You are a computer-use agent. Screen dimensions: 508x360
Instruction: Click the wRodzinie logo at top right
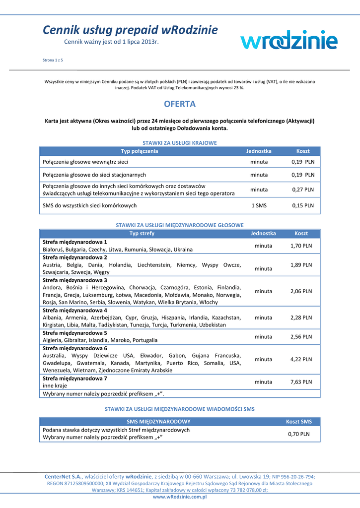coord(289,39)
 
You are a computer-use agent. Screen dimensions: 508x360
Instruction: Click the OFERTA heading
coord(180,104)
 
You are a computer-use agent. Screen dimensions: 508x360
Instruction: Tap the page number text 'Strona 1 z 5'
coord(53,60)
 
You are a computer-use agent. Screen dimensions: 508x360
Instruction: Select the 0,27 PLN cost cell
coord(302,190)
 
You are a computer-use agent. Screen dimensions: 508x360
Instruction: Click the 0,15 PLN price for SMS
coord(302,205)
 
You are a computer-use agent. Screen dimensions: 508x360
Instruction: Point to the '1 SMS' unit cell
coord(259,205)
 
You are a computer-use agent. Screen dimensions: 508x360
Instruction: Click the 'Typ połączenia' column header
coord(140,151)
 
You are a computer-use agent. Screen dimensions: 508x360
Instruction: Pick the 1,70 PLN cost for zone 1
coord(301,246)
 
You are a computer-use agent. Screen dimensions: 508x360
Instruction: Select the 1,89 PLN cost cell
coord(301,265)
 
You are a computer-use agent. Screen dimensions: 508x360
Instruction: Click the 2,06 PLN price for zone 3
coord(301,291)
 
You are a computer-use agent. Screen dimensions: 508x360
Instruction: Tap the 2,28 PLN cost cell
coord(301,317)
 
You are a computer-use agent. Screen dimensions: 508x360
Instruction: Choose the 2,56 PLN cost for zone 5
coord(301,336)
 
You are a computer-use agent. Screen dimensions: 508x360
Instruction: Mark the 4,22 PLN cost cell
coord(301,359)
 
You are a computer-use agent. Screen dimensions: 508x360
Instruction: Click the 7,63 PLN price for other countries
coord(301,382)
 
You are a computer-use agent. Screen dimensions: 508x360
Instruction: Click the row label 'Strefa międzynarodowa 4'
coord(75,310)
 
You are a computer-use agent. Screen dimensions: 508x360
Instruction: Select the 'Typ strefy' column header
coord(142,233)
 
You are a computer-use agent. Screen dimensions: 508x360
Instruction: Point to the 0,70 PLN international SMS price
coord(298,434)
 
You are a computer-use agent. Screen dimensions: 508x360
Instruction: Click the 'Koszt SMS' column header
coord(299,422)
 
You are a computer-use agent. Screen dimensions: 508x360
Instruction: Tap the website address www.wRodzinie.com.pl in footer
coord(180,497)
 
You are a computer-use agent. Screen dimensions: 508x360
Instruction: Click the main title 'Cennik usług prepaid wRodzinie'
coord(130,30)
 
